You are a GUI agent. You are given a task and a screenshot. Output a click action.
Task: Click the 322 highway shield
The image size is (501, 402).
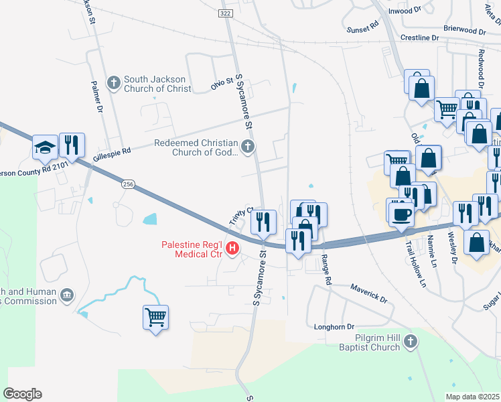[225, 13]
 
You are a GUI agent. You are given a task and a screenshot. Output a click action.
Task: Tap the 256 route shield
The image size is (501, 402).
[128, 183]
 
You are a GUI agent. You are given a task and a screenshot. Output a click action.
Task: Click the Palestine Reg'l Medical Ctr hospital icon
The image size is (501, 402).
[232, 249]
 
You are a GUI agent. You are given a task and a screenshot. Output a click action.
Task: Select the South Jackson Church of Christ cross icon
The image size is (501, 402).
[114, 83]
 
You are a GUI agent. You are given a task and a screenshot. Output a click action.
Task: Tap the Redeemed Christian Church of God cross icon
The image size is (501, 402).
[248, 147]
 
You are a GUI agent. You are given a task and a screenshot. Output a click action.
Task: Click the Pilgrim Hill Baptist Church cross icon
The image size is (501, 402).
[411, 342]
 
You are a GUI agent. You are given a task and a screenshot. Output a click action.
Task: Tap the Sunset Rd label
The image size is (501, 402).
[362, 23]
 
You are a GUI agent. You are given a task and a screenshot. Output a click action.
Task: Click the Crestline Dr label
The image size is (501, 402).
[419, 38]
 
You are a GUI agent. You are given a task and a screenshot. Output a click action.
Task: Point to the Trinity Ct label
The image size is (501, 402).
[239, 216]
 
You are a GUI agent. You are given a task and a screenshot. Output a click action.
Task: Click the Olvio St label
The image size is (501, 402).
[222, 83]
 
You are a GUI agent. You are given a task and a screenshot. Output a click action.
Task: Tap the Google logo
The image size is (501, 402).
[22, 394]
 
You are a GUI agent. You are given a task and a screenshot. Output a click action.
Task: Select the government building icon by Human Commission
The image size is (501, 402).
[67, 295]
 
